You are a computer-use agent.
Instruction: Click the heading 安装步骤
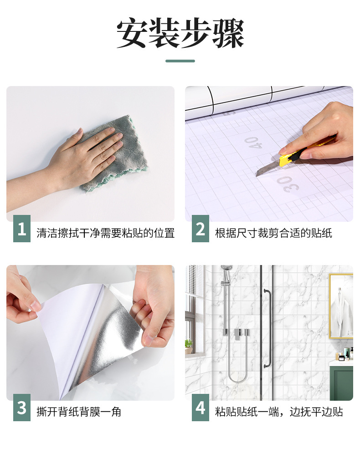coord(180,33)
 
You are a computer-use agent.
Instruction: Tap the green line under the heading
coord(180,61)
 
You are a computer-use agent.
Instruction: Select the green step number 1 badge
coord(22,229)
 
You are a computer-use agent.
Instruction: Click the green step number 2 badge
coord(201,229)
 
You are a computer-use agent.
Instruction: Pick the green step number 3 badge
coord(22,408)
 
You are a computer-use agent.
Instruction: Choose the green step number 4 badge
coord(201,408)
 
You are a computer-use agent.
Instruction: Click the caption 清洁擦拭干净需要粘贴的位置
coord(106,233)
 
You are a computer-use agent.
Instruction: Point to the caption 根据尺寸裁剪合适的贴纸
coord(273,233)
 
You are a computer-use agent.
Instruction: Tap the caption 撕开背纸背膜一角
coord(79,412)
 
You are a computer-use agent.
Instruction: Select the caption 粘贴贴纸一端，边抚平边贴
coord(279,412)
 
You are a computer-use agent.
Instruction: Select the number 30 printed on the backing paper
coord(288,184)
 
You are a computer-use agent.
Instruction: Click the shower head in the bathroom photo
coord(226,271)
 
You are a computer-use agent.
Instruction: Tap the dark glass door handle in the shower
coord(268,329)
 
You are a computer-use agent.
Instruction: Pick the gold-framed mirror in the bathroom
coord(341,306)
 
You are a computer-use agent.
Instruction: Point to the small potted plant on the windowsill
coord(189,347)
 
